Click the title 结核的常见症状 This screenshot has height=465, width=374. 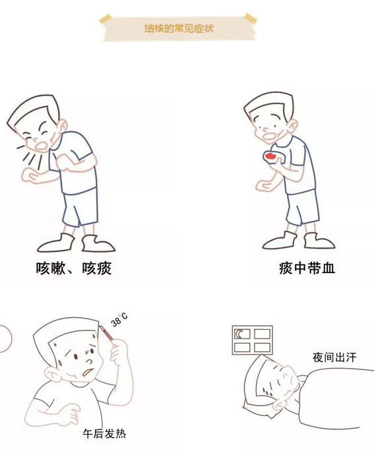179,28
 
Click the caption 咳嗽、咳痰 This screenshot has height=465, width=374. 74,268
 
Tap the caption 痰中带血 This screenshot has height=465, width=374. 307,268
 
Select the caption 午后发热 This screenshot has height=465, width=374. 104,433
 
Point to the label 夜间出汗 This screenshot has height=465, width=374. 334,357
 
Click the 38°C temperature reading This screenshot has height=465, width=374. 119,320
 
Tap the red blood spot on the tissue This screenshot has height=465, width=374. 270,156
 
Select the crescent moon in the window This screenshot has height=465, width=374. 239,334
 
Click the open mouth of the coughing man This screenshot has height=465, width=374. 41,146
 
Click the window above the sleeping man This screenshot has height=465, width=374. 252,340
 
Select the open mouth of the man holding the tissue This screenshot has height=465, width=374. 270,136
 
